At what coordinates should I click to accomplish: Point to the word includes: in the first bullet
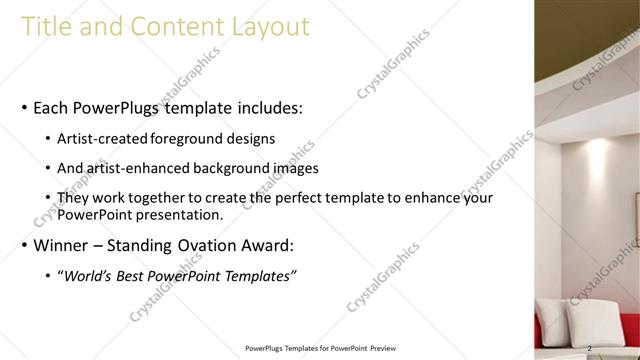click(264, 107)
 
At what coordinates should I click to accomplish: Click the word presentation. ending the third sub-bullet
click(178, 214)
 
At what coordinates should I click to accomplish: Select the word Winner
click(62, 245)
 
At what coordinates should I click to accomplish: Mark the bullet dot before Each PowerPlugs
click(23, 108)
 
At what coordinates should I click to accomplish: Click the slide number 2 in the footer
click(591, 349)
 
